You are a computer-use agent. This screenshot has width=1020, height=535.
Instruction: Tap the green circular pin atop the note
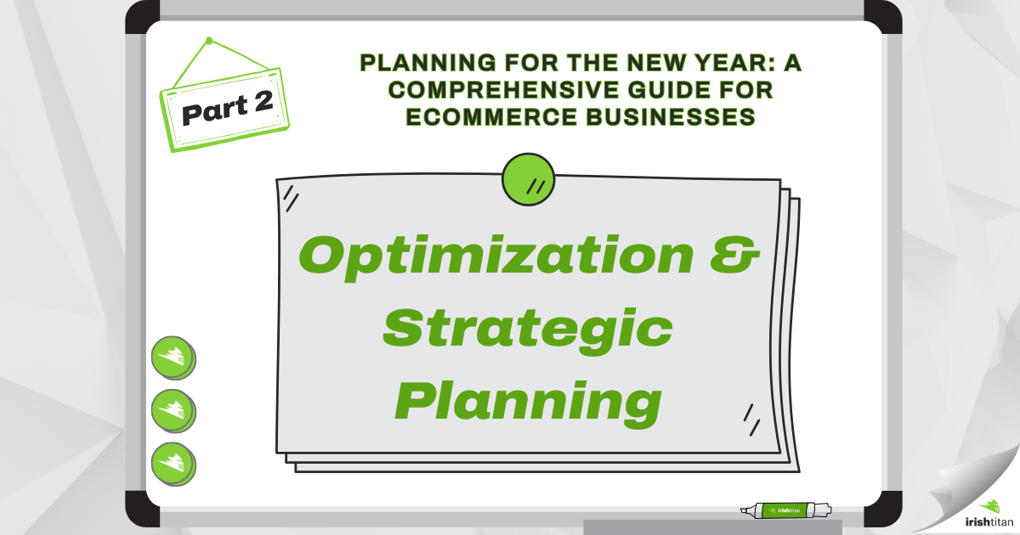pos(529,179)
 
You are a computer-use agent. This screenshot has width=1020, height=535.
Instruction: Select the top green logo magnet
pos(173,357)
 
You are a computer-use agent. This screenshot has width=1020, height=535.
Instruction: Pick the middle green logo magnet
pos(173,410)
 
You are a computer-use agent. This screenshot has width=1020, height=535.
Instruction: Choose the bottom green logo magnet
pos(173,463)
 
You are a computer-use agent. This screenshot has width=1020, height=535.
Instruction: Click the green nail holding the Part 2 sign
pos(209,40)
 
